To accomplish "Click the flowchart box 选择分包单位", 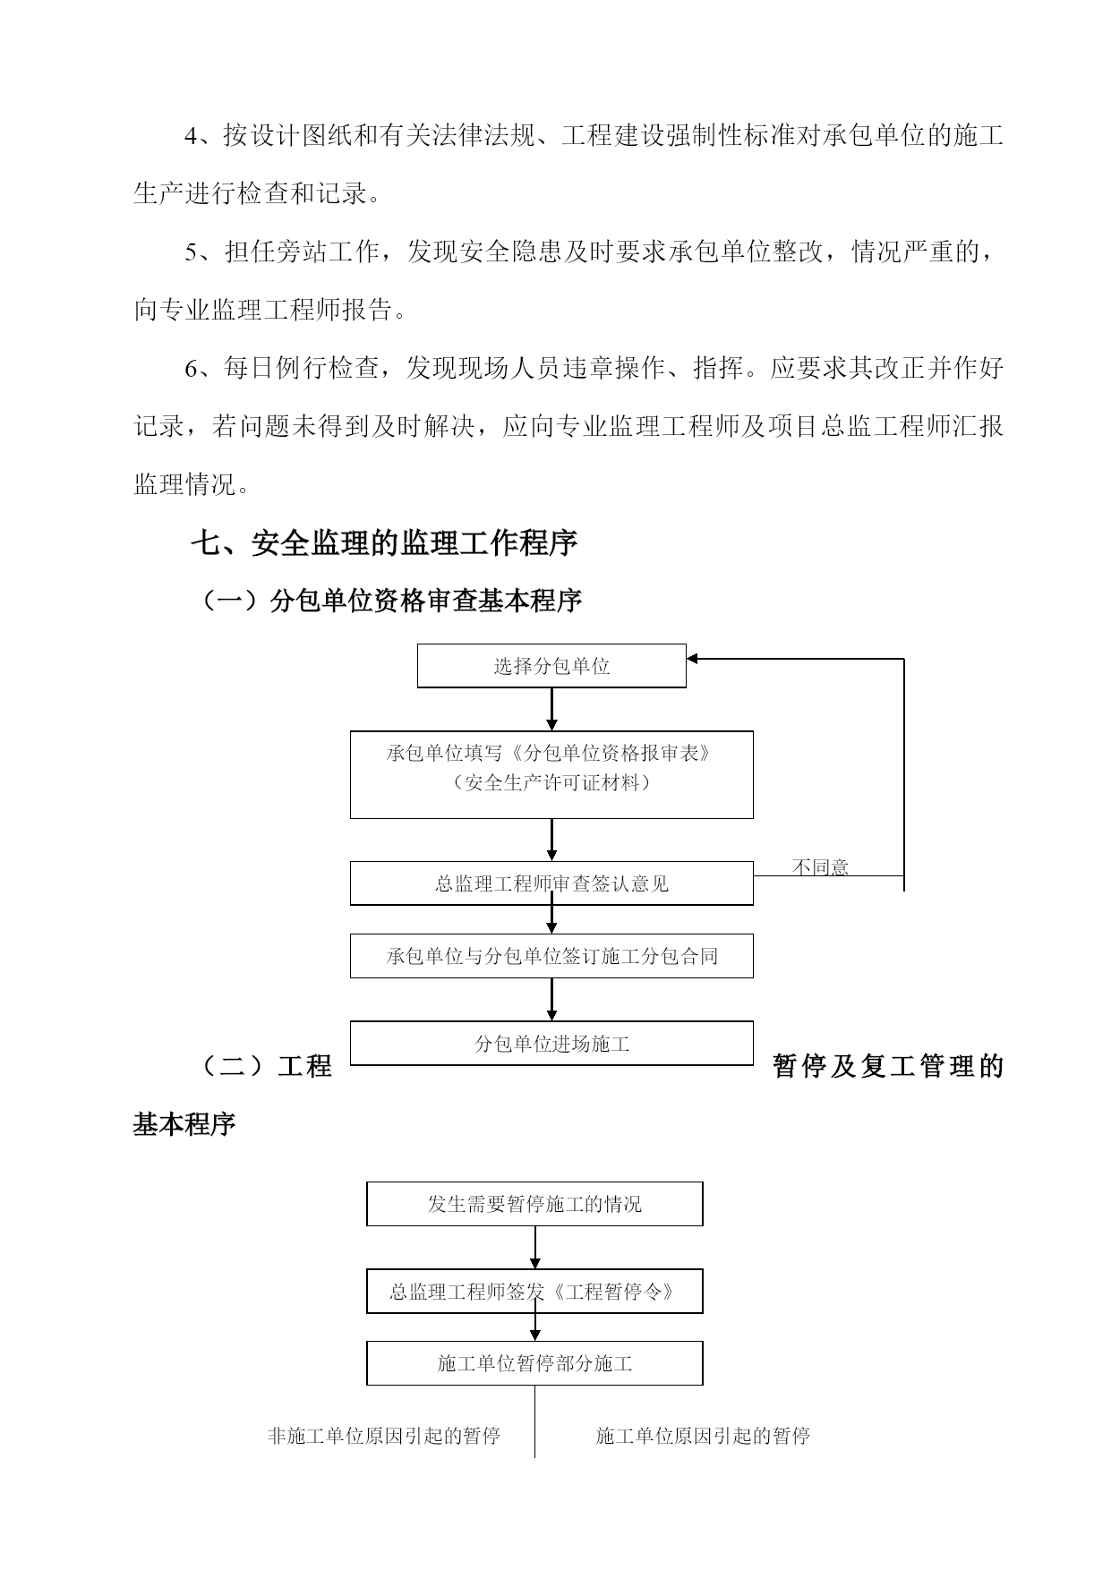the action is tap(551, 666).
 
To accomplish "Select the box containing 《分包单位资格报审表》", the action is tap(551, 774).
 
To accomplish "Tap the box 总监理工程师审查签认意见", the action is tap(551, 883).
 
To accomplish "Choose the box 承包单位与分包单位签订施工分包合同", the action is tap(551, 956).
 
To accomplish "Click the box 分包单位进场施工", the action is tap(551, 1044).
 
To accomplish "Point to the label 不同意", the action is tap(820, 866).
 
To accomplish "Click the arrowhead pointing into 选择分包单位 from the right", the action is tap(693, 659).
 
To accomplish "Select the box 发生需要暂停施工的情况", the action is tap(534, 1204).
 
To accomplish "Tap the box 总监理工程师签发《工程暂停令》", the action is tap(534, 1292).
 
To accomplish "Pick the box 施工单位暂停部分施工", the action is tap(534, 1363).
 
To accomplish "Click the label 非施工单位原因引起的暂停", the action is tap(384, 1436).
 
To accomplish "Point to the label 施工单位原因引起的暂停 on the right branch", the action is tap(703, 1436).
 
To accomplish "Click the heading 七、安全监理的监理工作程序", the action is tap(384, 542).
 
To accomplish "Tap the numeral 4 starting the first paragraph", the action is tap(191, 136).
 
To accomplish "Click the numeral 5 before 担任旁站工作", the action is tap(191, 252).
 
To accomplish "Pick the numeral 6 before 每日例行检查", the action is tap(191, 368).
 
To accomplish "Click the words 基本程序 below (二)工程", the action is tap(184, 1124).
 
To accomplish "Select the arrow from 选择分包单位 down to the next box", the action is tap(551, 709).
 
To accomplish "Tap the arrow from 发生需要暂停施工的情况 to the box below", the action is tap(535, 1247).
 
